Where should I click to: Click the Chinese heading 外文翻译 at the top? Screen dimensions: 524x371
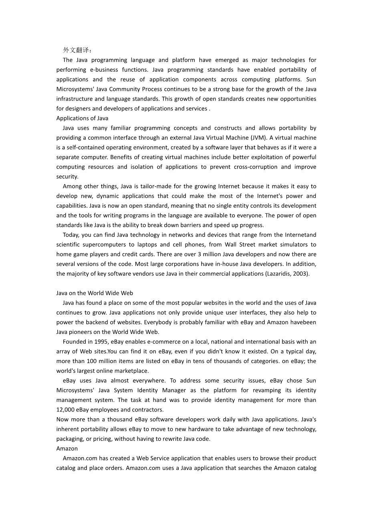coord(77,50)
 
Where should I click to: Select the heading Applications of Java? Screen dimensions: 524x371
coord(82,118)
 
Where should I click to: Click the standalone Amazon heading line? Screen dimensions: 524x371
coord(67,448)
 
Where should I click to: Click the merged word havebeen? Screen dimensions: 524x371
coord(303,322)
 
